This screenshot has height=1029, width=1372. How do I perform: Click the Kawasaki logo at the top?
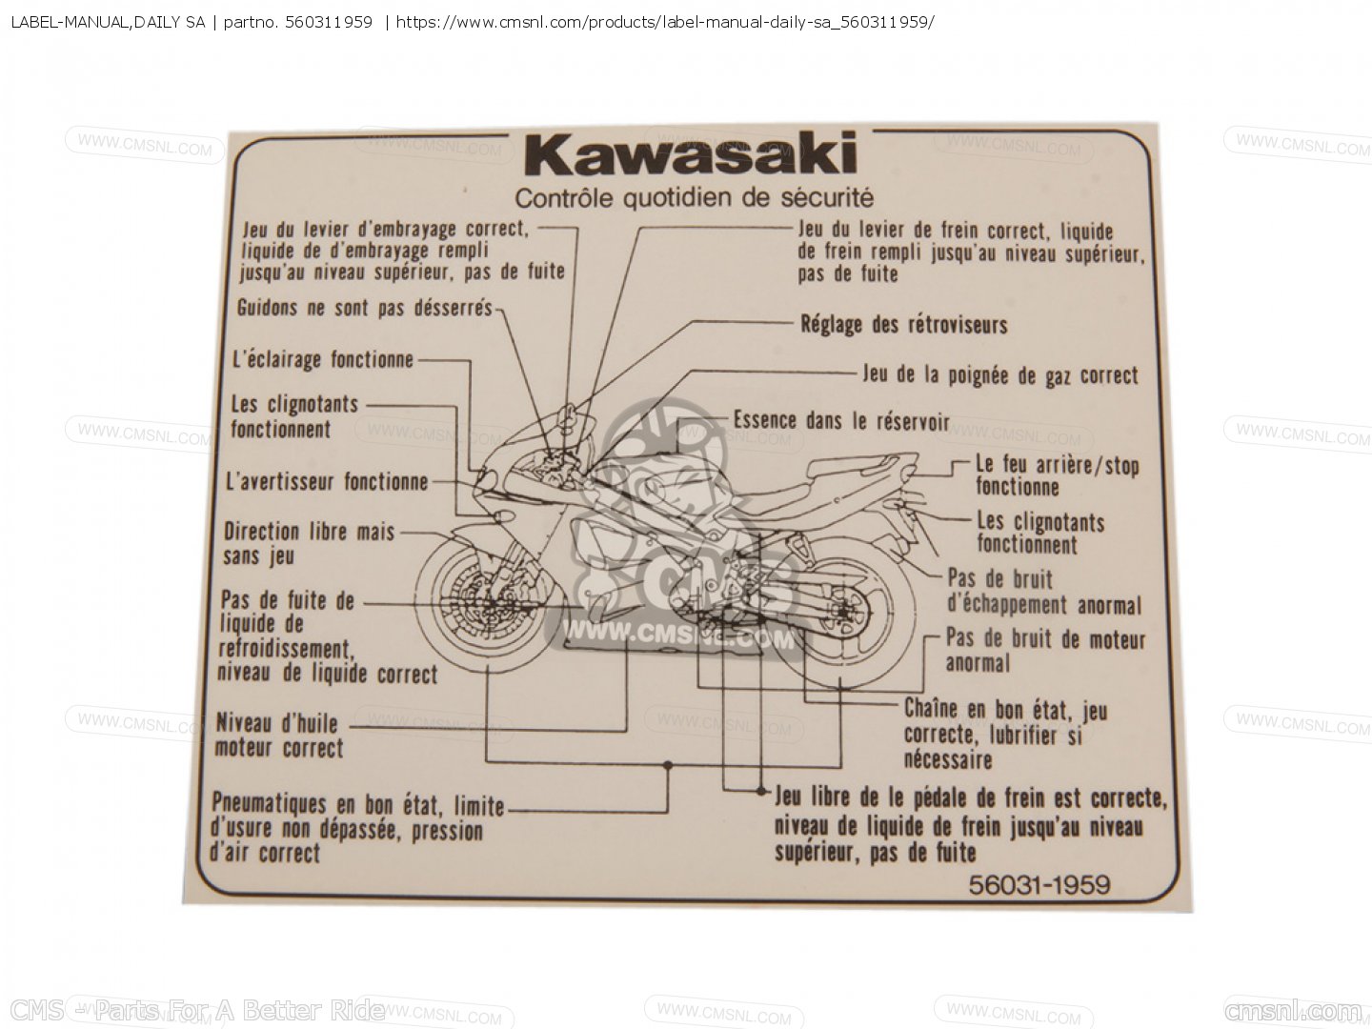tap(691, 153)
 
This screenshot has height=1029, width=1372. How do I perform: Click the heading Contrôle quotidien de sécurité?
tap(694, 198)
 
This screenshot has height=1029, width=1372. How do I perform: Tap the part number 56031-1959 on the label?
tap(1039, 885)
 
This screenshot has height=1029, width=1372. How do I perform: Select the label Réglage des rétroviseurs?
tap(904, 325)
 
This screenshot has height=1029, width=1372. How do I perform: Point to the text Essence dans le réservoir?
tap(841, 421)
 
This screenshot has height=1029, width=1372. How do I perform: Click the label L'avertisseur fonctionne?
tap(327, 482)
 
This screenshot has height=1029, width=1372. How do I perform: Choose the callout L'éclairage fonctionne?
tap(323, 360)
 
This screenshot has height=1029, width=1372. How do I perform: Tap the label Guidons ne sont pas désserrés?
tap(365, 308)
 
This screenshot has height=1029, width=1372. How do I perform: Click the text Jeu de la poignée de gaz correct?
tap(1000, 375)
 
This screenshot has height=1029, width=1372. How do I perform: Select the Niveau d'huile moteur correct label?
tap(279, 736)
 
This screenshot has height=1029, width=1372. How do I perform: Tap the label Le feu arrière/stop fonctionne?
tap(1058, 476)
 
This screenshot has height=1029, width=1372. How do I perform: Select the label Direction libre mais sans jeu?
tap(309, 543)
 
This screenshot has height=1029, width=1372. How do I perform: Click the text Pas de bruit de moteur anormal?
tap(1045, 651)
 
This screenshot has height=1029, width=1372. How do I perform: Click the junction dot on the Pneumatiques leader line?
tap(668, 765)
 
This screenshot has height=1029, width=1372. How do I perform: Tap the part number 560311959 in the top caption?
tap(329, 23)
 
